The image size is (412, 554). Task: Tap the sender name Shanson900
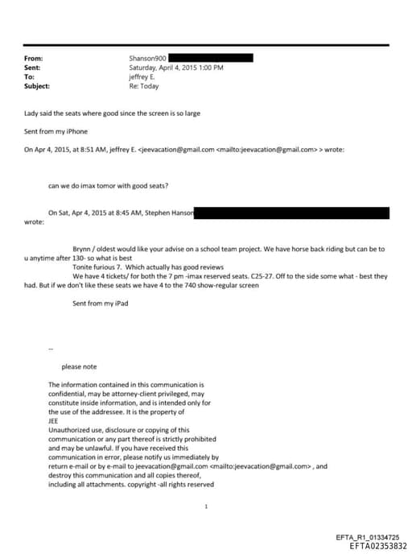tap(147, 59)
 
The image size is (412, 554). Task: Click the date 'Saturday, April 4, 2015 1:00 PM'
tap(176, 68)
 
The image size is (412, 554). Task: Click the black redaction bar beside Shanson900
tap(210, 58)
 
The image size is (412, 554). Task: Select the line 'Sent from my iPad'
tap(100, 304)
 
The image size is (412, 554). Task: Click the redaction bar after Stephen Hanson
tap(293, 213)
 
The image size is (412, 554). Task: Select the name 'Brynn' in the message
tap(83, 250)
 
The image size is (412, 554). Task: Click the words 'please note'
tap(79, 366)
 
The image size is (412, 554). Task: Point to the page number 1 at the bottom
tap(207, 506)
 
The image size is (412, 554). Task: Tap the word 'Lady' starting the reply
tap(32, 114)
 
